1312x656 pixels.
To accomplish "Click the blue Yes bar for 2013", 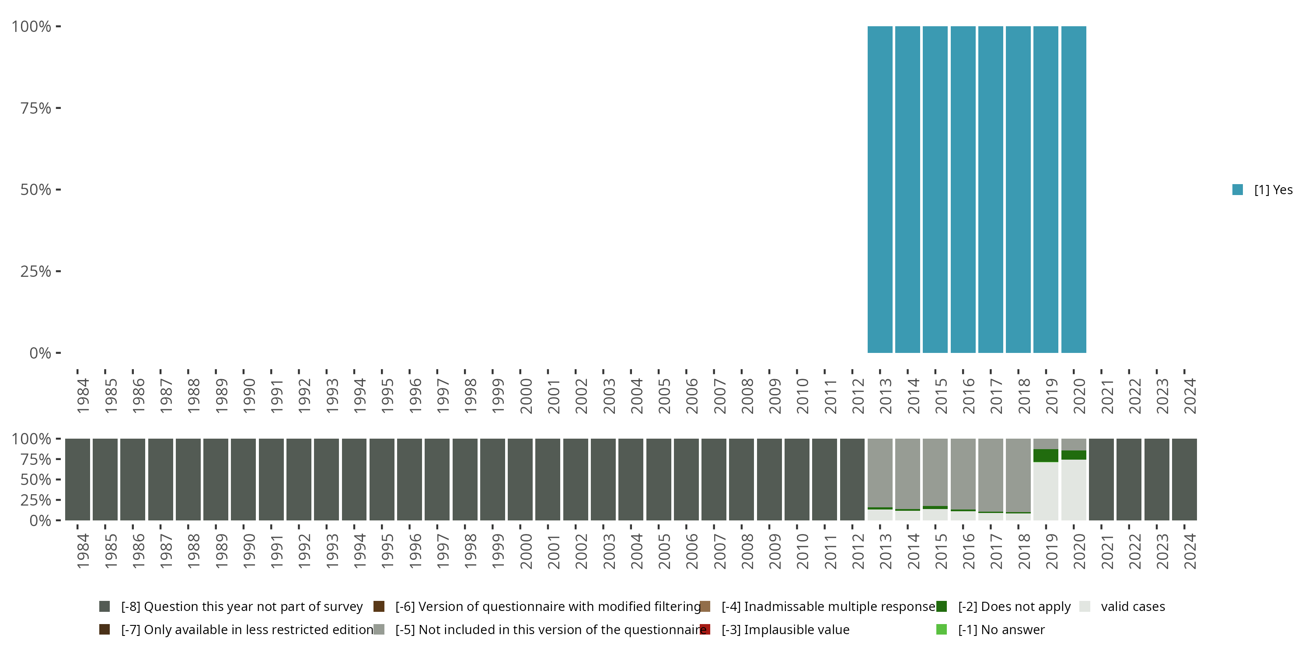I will click(x=879, y=189).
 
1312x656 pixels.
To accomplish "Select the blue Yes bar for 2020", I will click(x=1074, y=189).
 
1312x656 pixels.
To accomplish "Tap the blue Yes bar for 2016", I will click(x=963, y=189).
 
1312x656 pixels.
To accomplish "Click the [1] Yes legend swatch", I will click(x=1238, y=189).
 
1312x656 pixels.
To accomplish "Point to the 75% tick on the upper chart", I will click(x=58, y=108).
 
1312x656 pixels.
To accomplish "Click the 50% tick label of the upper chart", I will click(x=36, y=190).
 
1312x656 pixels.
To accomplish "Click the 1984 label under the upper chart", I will click(x=83, y=396).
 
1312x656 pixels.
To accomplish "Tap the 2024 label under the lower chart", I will click(x=1189, y=551).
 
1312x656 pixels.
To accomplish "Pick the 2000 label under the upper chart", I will click(x=526, y=396).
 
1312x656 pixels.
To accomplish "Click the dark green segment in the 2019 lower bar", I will click(x=1046, y=455).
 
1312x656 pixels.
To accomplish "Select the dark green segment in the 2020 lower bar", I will click(x=1074, y=455).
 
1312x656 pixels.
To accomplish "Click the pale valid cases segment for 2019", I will click(x=1046, y=491).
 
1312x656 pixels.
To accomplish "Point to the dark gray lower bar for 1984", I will click(x=77, y=479).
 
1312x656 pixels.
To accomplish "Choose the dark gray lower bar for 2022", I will click(x=1129, y=479).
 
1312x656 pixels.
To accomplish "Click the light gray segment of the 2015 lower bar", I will click(x=935, y=471).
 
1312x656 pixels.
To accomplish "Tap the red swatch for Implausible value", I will click(x=705, y=629).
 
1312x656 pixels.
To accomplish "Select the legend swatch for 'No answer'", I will click(x=941, y=629).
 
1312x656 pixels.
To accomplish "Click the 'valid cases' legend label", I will click(x=1133, y=607).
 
